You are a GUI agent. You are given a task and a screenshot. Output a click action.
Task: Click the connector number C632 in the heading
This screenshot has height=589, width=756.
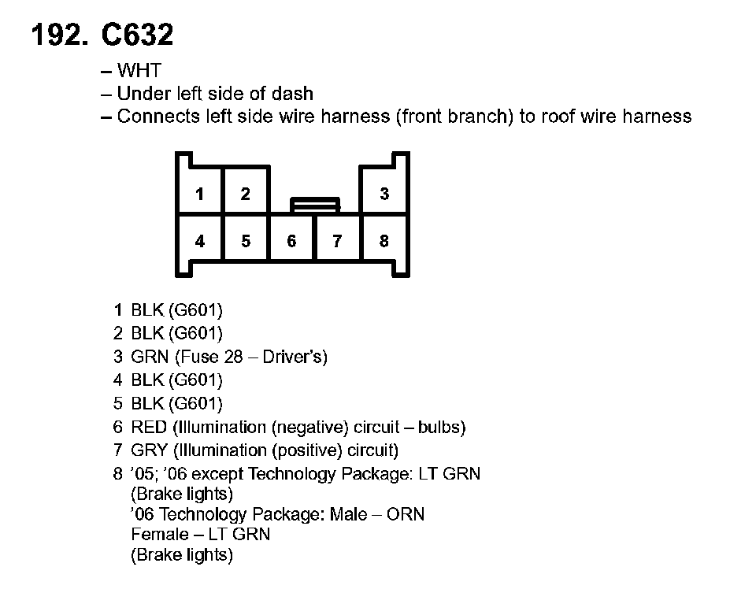137,35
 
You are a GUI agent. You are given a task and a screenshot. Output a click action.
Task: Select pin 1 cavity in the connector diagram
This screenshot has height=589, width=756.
200,194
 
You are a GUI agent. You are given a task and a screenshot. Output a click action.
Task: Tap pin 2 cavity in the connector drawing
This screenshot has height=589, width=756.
246,194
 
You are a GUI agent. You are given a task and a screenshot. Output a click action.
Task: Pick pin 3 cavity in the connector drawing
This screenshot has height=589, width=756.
384,194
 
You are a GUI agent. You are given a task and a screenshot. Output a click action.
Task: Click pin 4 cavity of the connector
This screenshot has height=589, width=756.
200,241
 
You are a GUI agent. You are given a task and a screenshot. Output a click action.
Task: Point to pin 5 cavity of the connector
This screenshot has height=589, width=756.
246,241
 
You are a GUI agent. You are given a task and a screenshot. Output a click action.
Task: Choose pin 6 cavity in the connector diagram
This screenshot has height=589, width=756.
291,241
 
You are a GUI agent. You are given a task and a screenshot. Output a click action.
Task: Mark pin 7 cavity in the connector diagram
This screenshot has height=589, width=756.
337,241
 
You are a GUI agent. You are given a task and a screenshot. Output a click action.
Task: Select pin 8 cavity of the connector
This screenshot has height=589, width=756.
384,241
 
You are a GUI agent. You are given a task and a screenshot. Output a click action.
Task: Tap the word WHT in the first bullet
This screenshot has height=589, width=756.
139,71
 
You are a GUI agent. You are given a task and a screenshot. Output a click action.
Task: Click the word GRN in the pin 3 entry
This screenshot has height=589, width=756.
150,357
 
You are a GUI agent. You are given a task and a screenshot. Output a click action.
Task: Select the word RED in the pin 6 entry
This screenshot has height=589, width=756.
150,428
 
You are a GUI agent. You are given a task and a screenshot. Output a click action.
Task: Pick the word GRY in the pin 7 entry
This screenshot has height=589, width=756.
150,450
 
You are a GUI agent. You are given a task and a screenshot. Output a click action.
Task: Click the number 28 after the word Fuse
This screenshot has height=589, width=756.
234,357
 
